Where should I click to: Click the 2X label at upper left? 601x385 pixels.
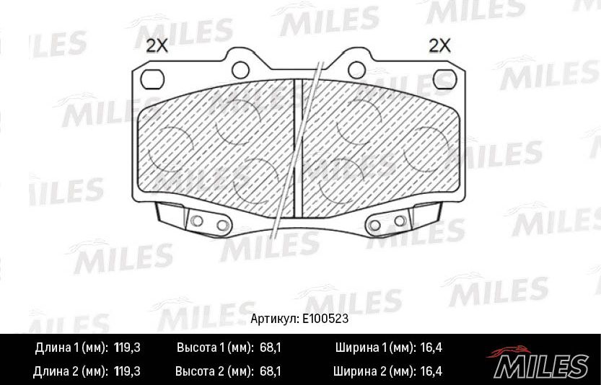157,47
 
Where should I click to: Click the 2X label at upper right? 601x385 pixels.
439,47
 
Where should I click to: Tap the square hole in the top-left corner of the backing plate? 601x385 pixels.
152,78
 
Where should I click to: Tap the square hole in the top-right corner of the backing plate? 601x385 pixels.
444,78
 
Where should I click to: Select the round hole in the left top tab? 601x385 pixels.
240,68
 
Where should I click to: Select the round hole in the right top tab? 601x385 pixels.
355,68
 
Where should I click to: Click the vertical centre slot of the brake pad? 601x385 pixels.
297,144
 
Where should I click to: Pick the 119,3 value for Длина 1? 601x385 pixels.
127,348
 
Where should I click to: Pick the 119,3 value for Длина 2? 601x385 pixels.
127,372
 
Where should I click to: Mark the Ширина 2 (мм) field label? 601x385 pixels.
374,372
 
